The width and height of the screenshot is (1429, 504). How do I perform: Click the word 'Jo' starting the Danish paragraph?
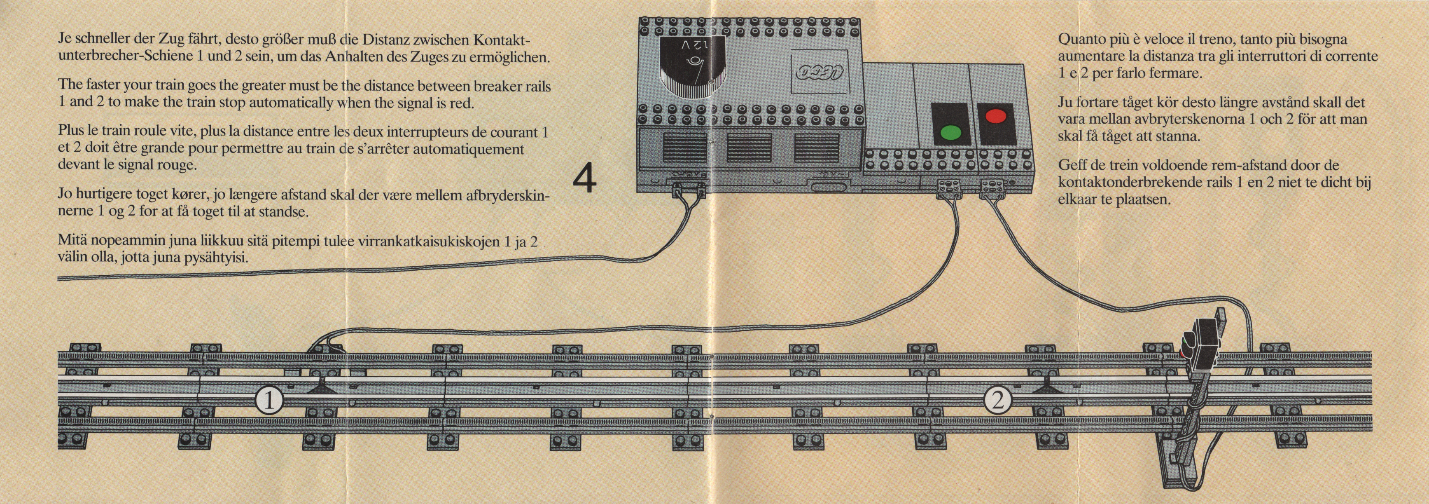pos(65,195)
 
